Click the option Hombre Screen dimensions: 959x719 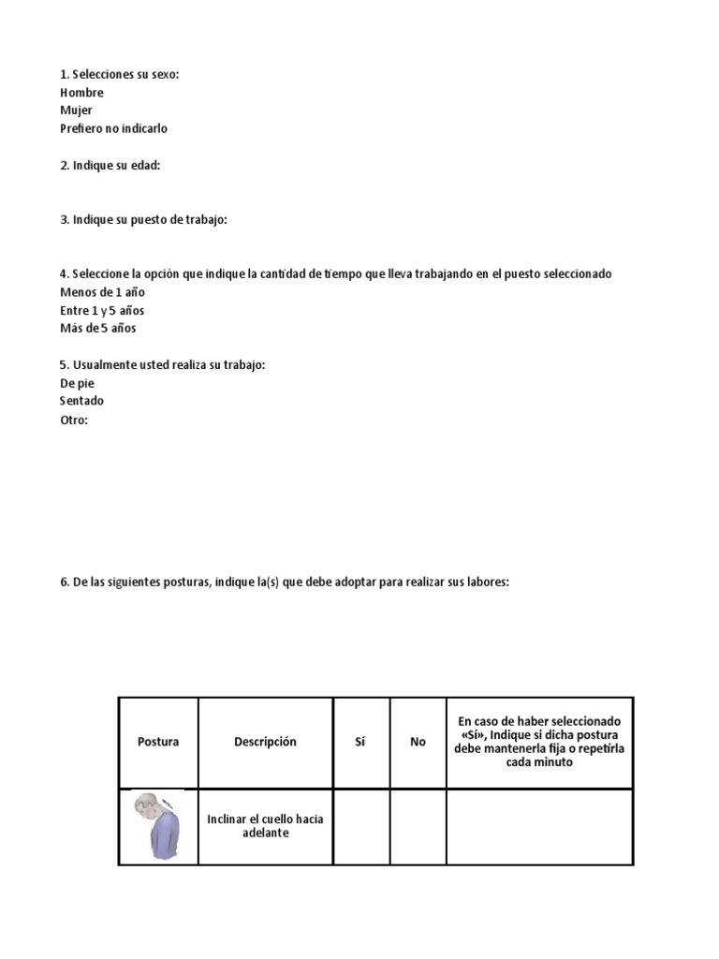81,93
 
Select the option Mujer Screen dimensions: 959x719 76,111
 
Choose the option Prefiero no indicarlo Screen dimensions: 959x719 113,128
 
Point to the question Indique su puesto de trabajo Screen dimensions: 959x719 143,219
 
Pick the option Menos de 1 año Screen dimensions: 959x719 102,292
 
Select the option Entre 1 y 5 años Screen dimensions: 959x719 102,310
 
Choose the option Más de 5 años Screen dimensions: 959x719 97,328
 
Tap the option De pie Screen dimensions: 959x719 77,383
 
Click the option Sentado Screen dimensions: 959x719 81,401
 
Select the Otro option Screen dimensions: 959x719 73,420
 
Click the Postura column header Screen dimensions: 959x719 158,742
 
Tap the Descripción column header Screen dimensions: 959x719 265,742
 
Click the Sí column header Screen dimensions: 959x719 360,742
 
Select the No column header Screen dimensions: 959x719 418,742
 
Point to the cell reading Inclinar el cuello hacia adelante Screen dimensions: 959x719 265,826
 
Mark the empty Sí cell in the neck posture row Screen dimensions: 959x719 360,826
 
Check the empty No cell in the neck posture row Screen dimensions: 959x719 418,826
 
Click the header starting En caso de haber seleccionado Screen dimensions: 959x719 539,742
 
